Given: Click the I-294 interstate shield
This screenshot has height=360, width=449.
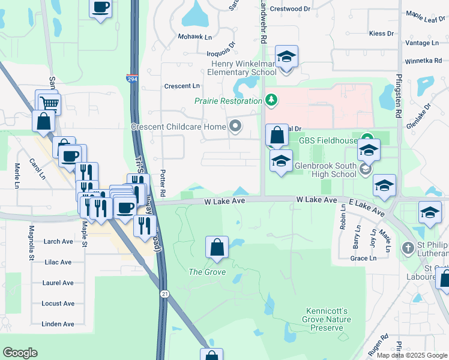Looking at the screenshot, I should [131, 79].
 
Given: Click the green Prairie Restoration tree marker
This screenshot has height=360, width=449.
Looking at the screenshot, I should [271, 99].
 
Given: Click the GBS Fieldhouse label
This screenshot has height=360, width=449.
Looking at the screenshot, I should [324, 140].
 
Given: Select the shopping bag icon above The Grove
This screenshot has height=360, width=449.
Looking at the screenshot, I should [217, 247].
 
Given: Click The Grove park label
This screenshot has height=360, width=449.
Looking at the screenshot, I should [207, 272].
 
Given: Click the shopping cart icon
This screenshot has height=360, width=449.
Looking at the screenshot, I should [51, 104].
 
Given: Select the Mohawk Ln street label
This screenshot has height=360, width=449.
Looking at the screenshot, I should [194, 37].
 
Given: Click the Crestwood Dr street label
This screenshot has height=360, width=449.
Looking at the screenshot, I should [290, 9].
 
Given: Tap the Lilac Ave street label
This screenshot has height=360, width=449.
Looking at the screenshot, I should [58, 262].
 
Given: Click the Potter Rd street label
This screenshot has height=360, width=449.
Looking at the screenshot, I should [163, 182].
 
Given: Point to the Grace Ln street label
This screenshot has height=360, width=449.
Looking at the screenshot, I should [363, 258].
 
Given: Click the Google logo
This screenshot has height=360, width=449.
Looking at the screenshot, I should [20, 353].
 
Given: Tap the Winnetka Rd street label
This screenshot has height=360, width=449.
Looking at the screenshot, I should [423, 61].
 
